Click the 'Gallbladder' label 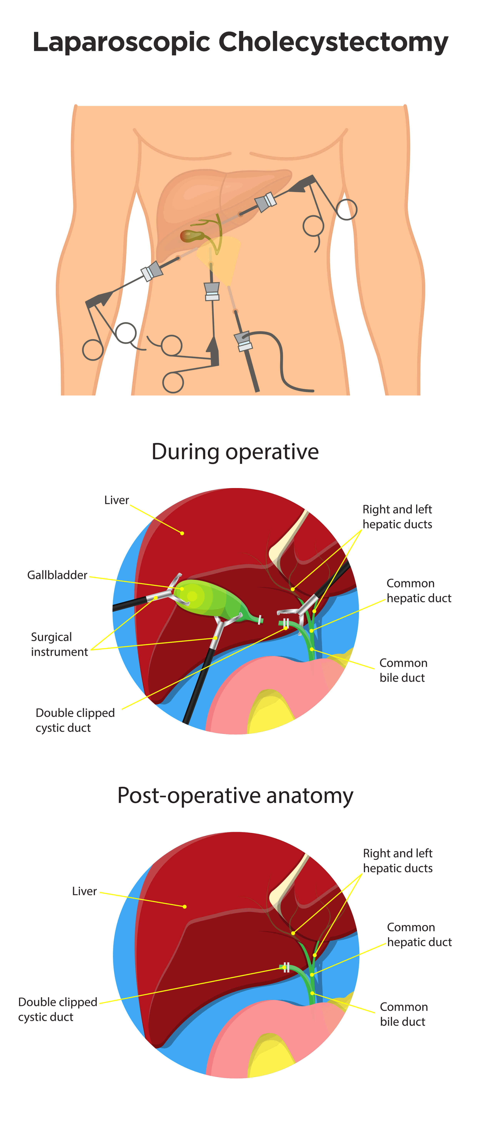click(x=57, y=575)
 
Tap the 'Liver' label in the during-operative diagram click(x=116, y=500)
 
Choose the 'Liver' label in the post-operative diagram click(x=84, y=891)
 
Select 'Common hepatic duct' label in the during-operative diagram click(x=418, y=590)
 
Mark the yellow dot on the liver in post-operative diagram click(x=185, y=906)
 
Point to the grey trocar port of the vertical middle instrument click(x=212, y=290)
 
